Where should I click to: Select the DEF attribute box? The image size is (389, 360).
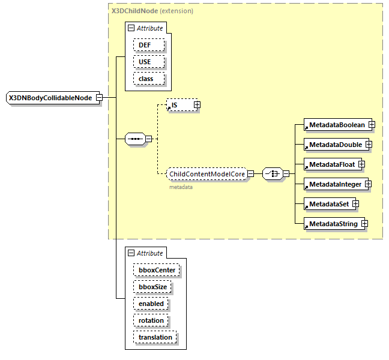tap(145, 45)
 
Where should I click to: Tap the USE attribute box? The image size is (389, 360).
tap(145, 62)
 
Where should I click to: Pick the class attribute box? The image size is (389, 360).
tap(146, 79)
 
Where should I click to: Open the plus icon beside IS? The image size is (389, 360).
tap(196, 105)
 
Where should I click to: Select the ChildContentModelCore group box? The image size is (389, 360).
tap(207, 174)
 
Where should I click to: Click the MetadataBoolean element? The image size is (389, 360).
tap(337, 125)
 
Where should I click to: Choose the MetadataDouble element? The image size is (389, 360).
tap(335, 145)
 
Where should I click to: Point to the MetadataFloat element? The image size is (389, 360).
tap(331, 164)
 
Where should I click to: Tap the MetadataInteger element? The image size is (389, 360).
tap(335, 184)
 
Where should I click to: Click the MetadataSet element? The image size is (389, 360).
tap(328, 204)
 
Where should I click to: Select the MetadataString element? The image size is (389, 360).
tap(333, 224)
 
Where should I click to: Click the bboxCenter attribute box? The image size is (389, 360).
tap(155, 270)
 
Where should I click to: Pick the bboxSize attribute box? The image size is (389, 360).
tap(152, 287)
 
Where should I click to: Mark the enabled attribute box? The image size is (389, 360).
tap(151, 304)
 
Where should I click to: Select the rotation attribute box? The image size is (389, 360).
tap(151, 320)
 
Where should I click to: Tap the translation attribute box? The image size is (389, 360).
tap(155, 337)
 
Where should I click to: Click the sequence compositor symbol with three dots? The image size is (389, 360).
tap(135, 139)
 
